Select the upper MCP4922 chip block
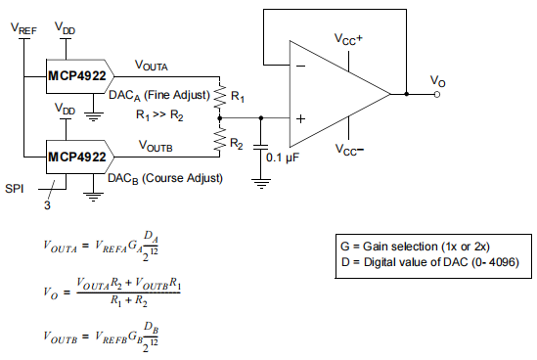point(77,75)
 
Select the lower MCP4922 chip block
point(77,155)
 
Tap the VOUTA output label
point(154,67)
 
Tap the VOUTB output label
point(156,146)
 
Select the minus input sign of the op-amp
point(300,67)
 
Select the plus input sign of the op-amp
point(300,118)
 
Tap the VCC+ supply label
point(348,40)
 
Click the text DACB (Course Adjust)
point(166,178)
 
